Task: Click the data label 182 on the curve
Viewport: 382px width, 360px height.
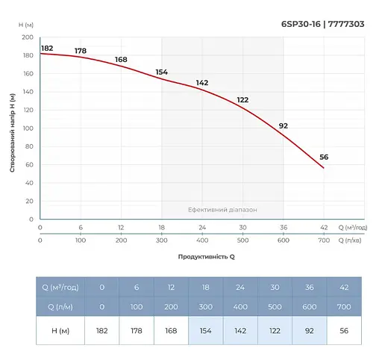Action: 47,48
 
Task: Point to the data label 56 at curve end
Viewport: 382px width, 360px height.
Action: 324,157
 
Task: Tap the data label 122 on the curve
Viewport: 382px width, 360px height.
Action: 242,100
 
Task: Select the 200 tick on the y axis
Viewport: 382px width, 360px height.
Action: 28,37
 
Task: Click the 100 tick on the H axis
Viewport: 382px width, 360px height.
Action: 28,128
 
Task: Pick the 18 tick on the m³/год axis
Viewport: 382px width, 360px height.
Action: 161,227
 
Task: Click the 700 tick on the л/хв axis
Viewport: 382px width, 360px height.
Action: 324,242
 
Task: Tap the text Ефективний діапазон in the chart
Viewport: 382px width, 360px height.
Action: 222,210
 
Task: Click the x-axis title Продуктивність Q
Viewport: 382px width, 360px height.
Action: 206,256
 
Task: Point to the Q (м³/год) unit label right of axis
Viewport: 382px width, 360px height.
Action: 353,227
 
